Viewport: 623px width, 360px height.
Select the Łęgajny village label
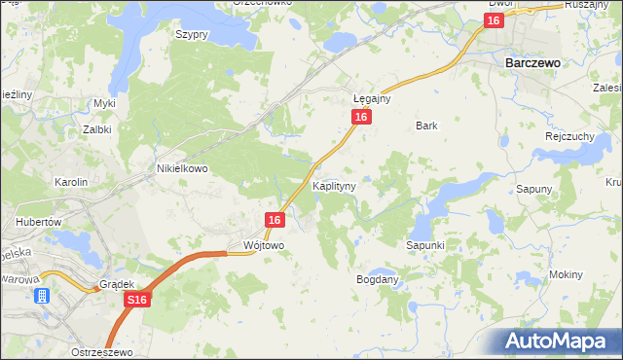371,98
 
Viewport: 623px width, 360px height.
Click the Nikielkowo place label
183,167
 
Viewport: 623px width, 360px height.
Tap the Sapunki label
425,246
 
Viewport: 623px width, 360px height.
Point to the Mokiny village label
566,274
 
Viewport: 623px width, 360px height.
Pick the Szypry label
192,33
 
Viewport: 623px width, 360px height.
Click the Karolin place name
71,182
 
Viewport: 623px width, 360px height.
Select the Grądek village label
115,285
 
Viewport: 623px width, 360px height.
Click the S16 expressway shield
136,303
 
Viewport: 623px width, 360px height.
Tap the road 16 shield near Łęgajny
361,117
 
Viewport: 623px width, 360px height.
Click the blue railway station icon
42,297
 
